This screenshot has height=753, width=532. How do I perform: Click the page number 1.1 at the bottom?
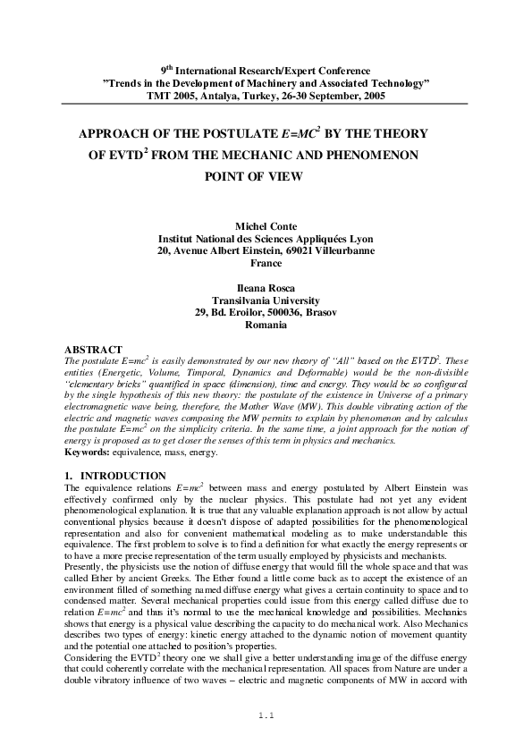coord(265,715)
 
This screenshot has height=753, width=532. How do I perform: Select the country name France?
coord(266,265)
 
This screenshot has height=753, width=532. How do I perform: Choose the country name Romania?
coord(266,325)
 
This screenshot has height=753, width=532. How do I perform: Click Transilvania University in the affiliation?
coord(266,300)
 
